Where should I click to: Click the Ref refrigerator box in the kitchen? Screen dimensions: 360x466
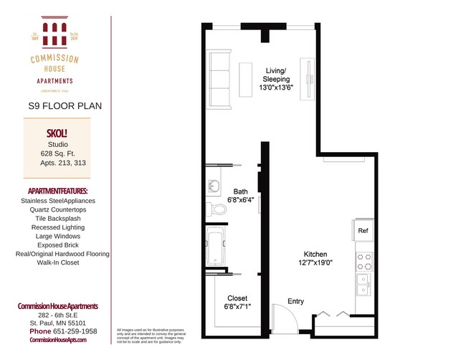[363, 231]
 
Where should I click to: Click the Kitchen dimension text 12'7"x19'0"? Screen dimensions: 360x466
[315, 263]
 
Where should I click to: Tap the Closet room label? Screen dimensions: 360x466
[237, 298]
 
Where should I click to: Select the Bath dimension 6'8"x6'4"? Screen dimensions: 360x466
[240, 200]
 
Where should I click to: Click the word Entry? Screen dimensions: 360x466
[295, 301]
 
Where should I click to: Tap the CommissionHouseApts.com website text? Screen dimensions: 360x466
[57, 340]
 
